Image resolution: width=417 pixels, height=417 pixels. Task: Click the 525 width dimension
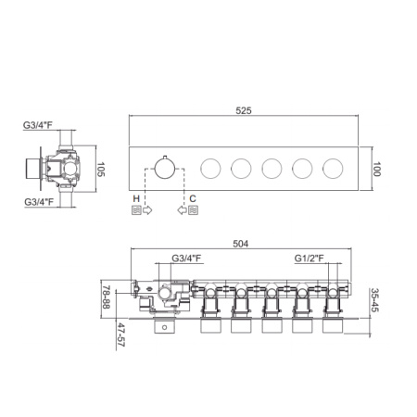click(244, 110)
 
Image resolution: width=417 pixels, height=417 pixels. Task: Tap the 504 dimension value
click(240, 244)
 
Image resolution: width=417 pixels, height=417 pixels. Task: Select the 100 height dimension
click(376, 169)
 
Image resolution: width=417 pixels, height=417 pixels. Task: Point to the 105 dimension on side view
click(101, 170)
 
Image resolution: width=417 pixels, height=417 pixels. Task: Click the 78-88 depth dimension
click(107, 297)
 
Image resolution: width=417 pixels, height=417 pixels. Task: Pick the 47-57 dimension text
click(120, 335)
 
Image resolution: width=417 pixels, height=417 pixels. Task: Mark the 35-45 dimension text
click(374, 300)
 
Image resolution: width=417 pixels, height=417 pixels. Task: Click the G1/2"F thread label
click(310, 258)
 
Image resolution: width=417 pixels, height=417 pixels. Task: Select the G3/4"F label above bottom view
click(186, 258)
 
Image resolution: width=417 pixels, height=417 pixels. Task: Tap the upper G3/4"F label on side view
click(38, 125)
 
